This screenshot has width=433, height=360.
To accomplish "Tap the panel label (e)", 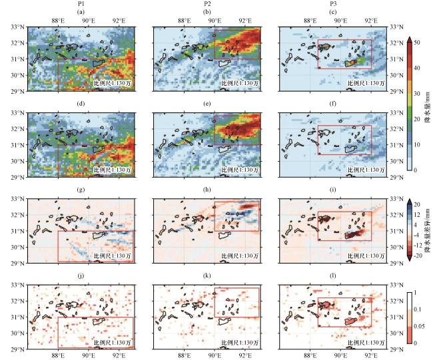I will [x=207, y=104].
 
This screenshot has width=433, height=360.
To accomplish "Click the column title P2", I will [x=207, y=4].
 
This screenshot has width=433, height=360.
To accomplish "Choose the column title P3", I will [x=333, y=4].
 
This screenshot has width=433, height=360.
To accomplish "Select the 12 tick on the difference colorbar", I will [x=416, y=214].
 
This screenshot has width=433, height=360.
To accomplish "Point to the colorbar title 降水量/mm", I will [x=427, y=105].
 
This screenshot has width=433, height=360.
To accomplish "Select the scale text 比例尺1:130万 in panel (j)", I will [x=111, y=342].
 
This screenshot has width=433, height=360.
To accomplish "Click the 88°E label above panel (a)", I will [x=58, y=20].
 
